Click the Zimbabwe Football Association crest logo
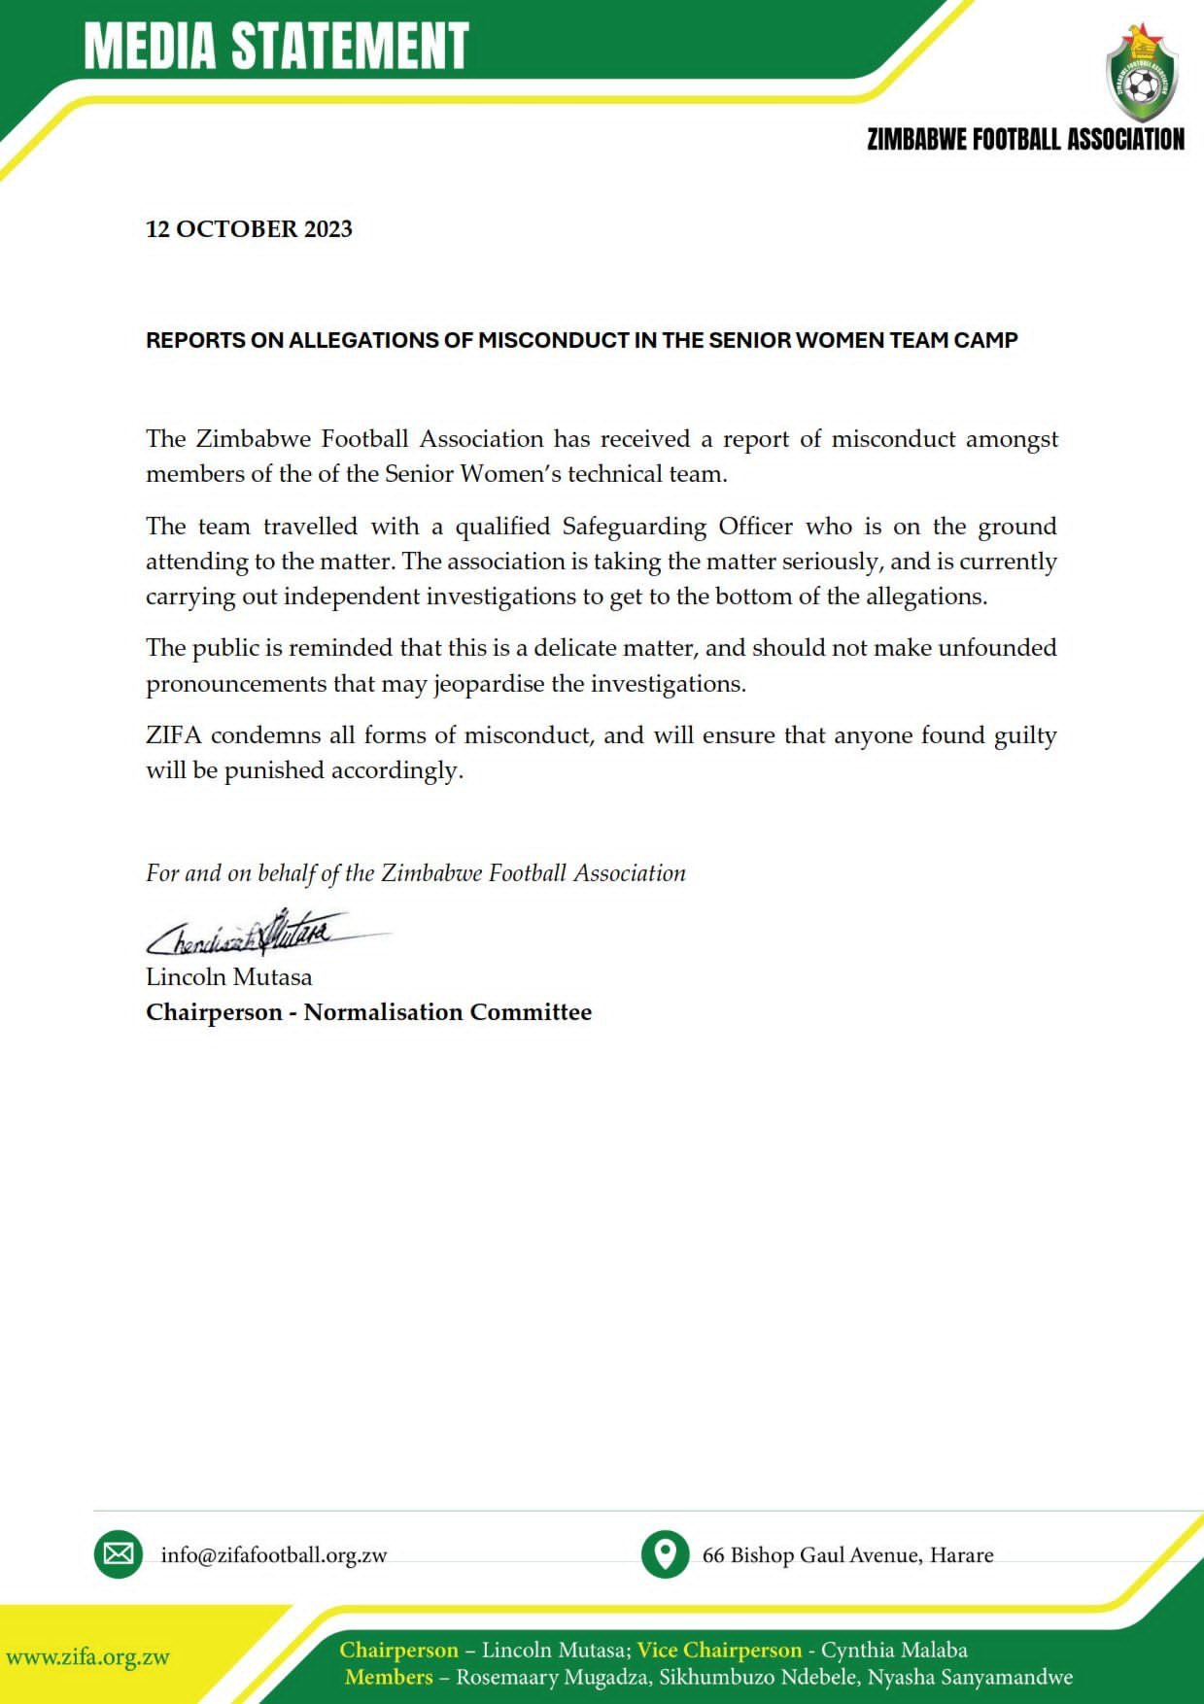pyautogui.click(x=1142, y=75)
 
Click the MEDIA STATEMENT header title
pyautogui.click(x=277, y=46)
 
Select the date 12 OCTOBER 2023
pyautogui.click(x=249, y=229)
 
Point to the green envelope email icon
pyautogui.click(x=119, y=1553)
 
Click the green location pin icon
pyautogui.click(x=666, y=1553)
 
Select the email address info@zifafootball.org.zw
pyautogui.click(x=274, y=1555)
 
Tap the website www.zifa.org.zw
pyautogui.click(x=88, y=1657)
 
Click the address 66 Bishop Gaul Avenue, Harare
pyautogui.click(x=847, y=1555)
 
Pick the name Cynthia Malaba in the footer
pyautogui.click(x=894, y=1650)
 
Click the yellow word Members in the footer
pyautogui.click(x=389, y=1677)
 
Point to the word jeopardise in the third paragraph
pyautogui.click(x=489, y=684)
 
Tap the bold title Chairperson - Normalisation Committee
pyautogui.click(x=368, y=1012)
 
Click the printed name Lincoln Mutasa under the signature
pyautogui.click(x=229, y=976)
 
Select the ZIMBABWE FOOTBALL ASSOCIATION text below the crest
pyautogui.click(x=1025, y=140)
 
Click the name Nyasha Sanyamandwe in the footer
pyautogui.click(x=970, y=1677)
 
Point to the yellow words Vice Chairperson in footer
pyautogui.click(x=719, y=1650)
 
